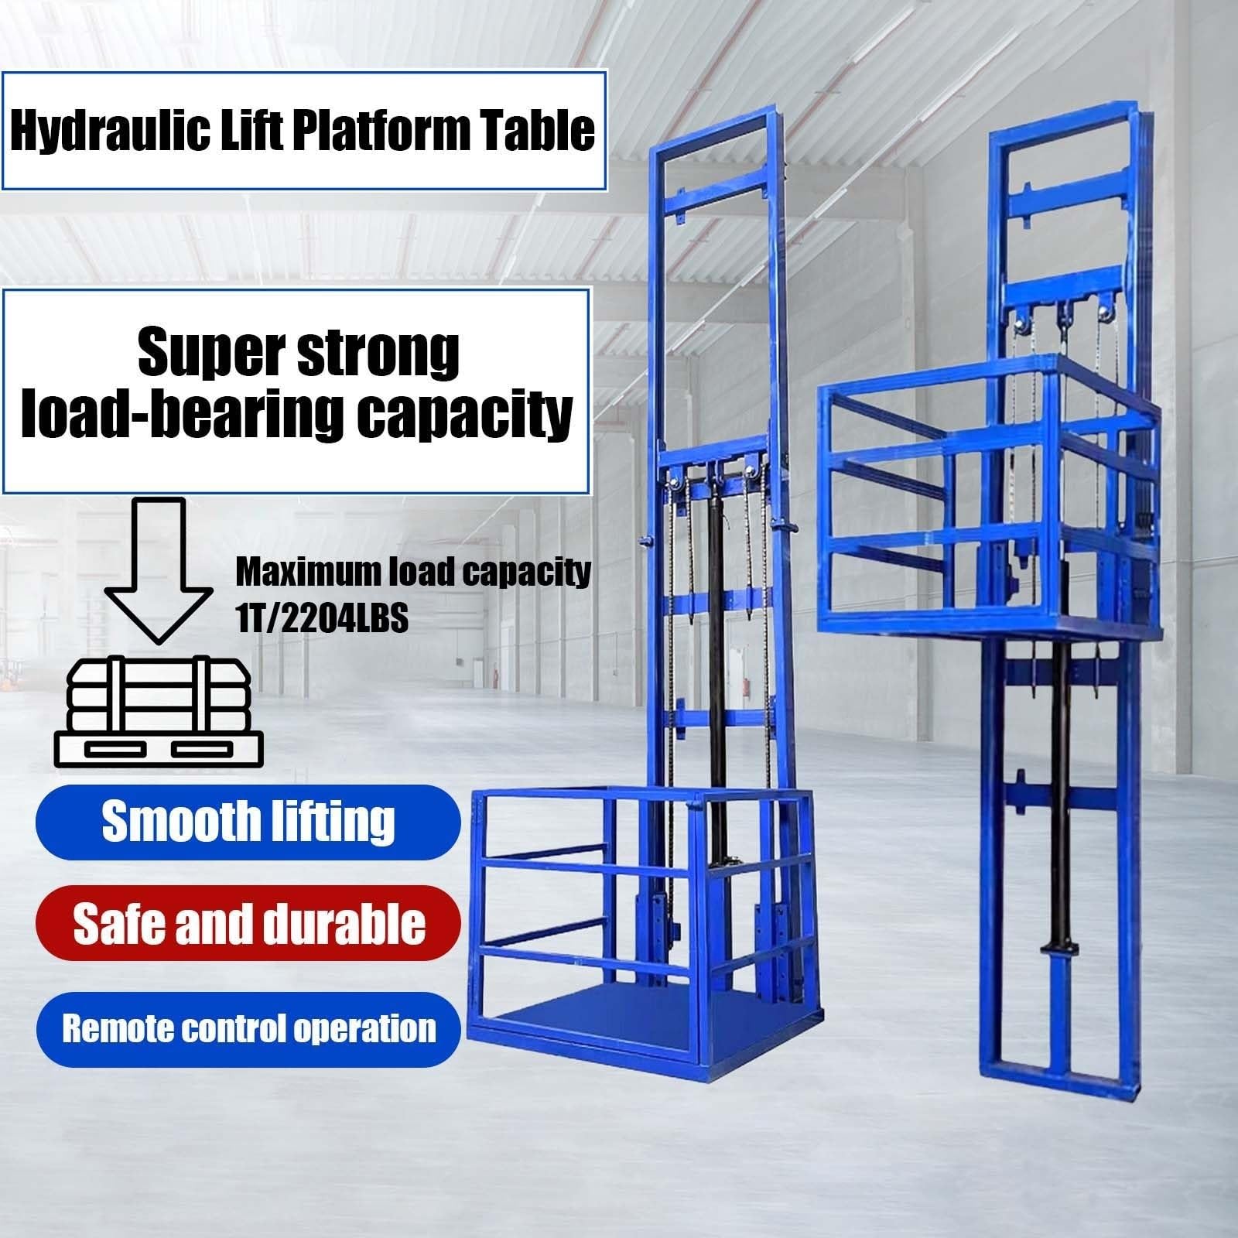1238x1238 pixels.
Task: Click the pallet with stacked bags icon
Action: pos(159,710)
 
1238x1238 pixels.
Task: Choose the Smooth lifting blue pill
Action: pos(248,822)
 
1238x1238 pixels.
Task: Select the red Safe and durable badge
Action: pos(248,923)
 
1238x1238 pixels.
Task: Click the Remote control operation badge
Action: pos(248,1029)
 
